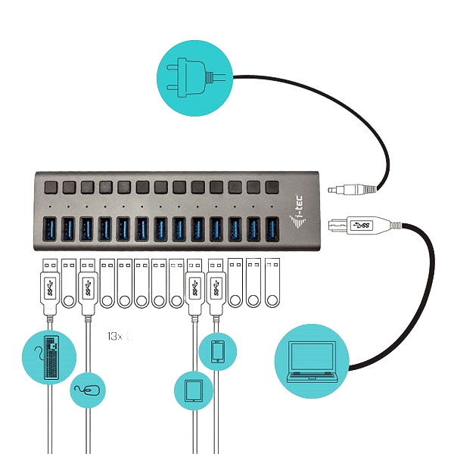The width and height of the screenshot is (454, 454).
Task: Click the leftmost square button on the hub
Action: click(50, 186)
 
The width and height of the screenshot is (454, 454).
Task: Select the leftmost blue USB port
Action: click(50, 229)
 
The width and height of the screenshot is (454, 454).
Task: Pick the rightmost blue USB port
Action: click(272, 229)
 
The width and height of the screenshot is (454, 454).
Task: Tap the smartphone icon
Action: click(216, 351)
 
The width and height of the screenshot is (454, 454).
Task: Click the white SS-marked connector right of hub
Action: click(360, 225)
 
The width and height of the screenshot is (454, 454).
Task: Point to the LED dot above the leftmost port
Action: click(49, 206)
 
